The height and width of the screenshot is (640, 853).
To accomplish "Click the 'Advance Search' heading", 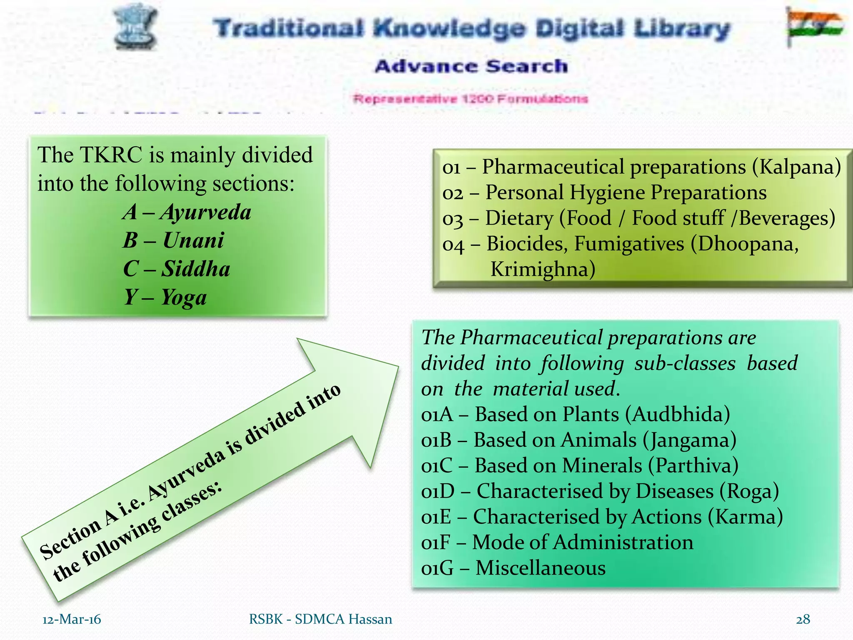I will [x=471, y=66].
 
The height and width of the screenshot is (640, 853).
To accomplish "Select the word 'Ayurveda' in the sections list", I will [x=206, y=212].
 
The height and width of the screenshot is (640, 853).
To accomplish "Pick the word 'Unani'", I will [x=193, y=240].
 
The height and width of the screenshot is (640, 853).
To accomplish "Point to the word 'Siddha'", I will [x=196, y=269].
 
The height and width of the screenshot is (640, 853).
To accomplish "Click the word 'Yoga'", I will [x=184, y=297].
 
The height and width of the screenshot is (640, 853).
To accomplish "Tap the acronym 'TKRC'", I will [x=111, y=155].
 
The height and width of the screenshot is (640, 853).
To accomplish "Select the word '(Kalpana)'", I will [x=796, y=167].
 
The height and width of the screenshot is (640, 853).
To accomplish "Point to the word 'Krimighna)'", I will [x=543, y=269].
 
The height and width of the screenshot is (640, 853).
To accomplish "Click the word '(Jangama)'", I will [x=690, y=440].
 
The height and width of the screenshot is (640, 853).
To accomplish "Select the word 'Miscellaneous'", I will [x=541, y=568].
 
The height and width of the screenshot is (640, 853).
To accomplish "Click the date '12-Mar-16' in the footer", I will [x=72, y=619].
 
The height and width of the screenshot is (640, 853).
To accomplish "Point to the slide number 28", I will [x=803, y=619].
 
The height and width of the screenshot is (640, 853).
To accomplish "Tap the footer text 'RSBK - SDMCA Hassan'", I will [x=320, y=619].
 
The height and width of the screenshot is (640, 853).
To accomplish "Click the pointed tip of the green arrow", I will [x=398, y=367].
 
